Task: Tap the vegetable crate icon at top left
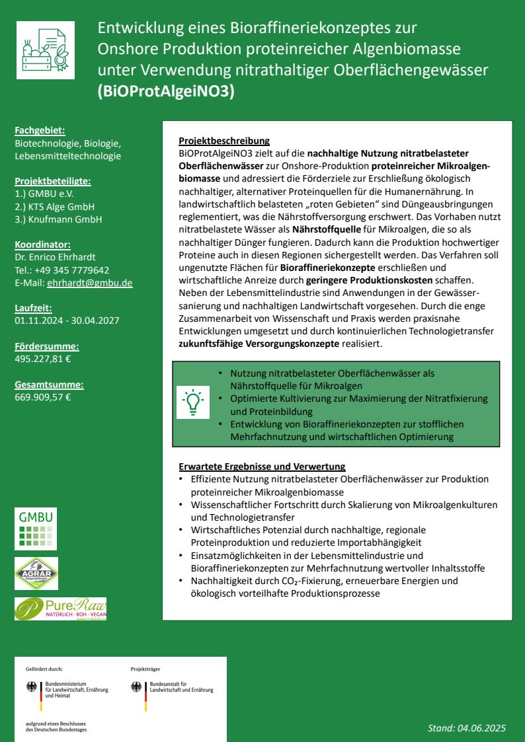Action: point(46,50)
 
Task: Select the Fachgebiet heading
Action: point(40,131)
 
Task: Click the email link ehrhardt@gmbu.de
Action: point(90,283)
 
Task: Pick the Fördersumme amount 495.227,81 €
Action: point(43,359)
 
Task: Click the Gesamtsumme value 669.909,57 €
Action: point(43,397)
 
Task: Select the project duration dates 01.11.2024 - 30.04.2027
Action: point(67,320)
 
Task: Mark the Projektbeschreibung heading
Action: point(224,141)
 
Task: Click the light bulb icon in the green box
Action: point(192,402)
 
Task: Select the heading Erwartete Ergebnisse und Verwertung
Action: point(262,466)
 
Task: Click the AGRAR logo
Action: point(36,573)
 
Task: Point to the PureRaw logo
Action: point(60,609)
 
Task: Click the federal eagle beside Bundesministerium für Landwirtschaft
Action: point(32,687)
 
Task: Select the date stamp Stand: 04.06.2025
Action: point(466,728)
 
